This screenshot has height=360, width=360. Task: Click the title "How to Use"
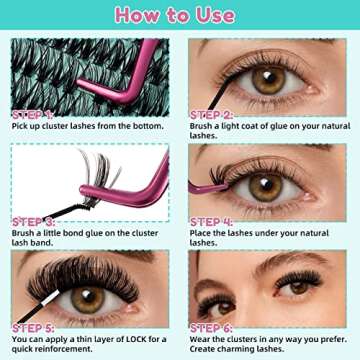click(180, 15)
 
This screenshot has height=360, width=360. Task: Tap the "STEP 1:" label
click(33, 114)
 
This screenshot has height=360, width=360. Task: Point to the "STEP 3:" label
click(33, 221)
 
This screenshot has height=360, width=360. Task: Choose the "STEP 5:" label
click(33, 327)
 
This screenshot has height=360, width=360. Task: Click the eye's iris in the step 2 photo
click(268, 79)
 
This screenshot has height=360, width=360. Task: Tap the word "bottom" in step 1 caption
click(153, 127)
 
